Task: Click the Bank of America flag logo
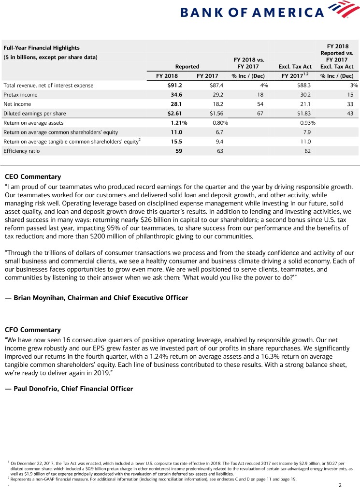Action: pos(343,9)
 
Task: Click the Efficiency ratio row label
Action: pos(22,151)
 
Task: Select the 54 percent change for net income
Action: pos(260,104)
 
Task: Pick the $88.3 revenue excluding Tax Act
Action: pos(302,86)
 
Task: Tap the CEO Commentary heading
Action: pos(32,176)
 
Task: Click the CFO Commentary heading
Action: pos(32,330)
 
